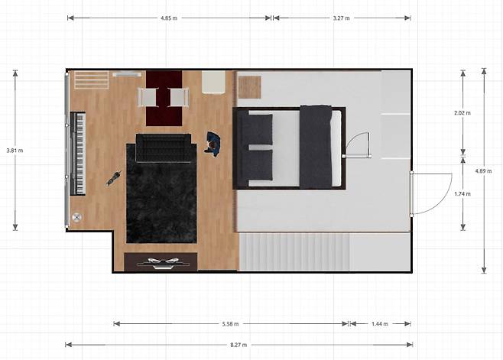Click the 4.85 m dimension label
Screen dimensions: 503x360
point(169,18)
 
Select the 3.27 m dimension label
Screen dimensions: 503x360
point(341,18)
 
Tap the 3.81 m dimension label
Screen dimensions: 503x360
point(15,150)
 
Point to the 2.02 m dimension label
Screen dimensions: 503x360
point(462,112)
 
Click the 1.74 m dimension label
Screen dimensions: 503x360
point(462,193)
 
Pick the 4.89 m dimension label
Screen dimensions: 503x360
point(483,171)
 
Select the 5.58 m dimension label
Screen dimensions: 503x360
point(230,324)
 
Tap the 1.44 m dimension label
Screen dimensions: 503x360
point(380,324)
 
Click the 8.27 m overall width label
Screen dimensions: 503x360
point(239,345)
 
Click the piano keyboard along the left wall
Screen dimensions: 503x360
point(78,153)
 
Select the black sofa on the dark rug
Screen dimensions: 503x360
point(164,148)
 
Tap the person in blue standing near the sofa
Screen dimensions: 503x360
point(213,144)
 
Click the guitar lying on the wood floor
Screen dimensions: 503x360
point(114,178)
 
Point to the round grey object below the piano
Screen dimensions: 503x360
point(77,217)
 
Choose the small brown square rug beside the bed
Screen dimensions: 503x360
point(249,87)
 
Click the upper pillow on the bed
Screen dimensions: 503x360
point(260,128)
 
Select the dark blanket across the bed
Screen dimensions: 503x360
point(316,147)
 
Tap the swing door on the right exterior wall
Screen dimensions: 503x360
point(431,194)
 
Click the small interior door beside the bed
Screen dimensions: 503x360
point(357,145)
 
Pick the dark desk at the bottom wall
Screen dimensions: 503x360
point(161,261)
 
